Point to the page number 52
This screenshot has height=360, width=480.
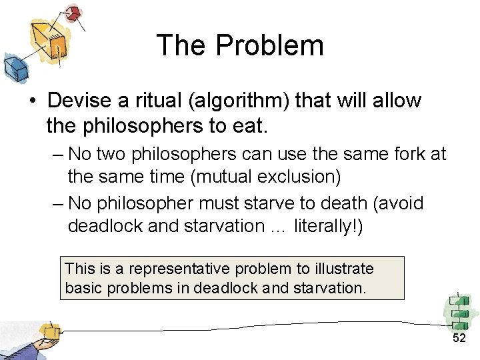[459, 339]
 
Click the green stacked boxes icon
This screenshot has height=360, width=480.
[459, 311]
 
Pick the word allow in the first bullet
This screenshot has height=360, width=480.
[396, 101]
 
